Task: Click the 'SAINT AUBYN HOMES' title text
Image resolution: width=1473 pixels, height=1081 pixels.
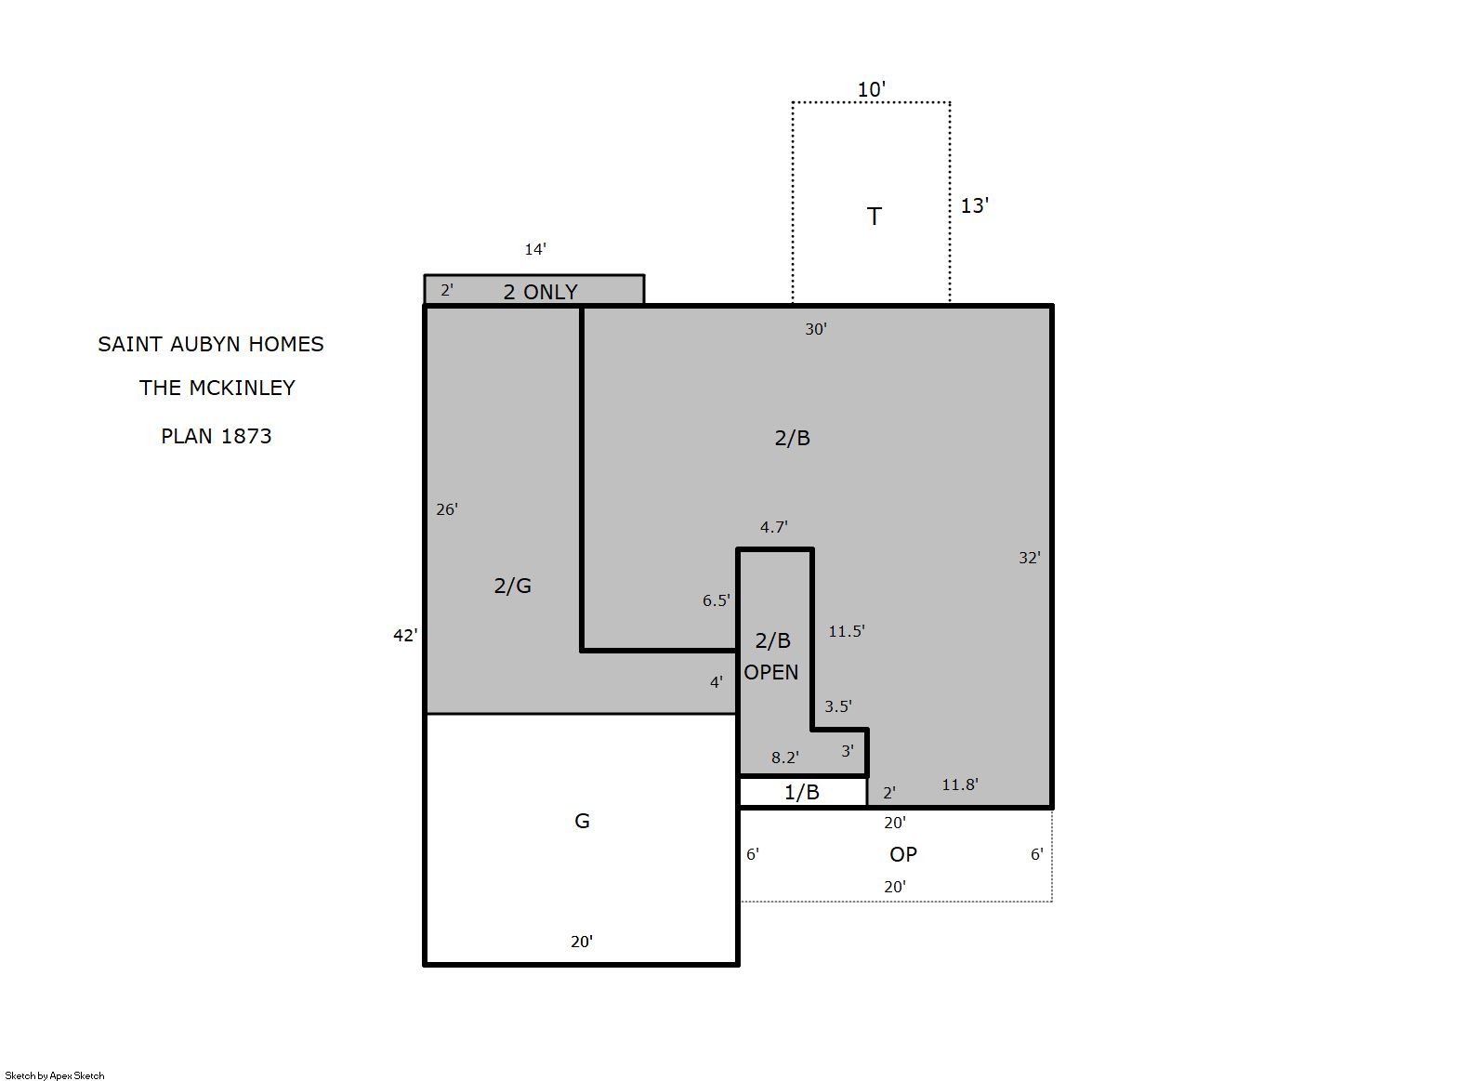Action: point(210,344)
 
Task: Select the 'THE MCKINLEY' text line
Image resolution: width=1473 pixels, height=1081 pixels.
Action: point(217,388)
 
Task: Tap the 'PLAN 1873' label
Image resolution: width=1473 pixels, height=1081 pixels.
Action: point(217,436)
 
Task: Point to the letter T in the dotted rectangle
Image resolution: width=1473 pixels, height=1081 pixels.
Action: point(874,217)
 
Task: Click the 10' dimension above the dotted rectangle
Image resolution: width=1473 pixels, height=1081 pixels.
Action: point(872,89)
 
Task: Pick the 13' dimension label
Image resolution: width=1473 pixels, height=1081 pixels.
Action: point(975,205)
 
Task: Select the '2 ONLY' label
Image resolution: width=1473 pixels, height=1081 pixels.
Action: point(541,292)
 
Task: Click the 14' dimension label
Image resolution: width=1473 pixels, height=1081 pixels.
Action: point(535,249)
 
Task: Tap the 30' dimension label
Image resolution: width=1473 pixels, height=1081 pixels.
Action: point(816,329)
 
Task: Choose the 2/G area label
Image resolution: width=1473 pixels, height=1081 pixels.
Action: point(513,586)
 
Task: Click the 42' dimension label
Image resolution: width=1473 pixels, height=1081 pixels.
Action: point(405,635)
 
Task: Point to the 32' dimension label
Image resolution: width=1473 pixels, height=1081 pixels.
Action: point(1030,559)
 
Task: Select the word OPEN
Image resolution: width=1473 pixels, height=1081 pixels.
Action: point(771,672)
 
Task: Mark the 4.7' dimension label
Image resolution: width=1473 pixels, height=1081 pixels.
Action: point(774,527)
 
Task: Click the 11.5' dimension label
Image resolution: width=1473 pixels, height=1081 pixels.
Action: point(847,631)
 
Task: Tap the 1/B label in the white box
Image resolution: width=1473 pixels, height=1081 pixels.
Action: point(802,792)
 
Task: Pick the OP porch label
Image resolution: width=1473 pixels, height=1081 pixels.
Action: point(903,854)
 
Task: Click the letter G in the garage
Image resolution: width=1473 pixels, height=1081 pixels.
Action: point(582,821)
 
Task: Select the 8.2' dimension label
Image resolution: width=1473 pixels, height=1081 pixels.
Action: point(785,758)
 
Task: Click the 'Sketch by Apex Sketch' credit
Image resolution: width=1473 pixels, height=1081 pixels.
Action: point(55,1075)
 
